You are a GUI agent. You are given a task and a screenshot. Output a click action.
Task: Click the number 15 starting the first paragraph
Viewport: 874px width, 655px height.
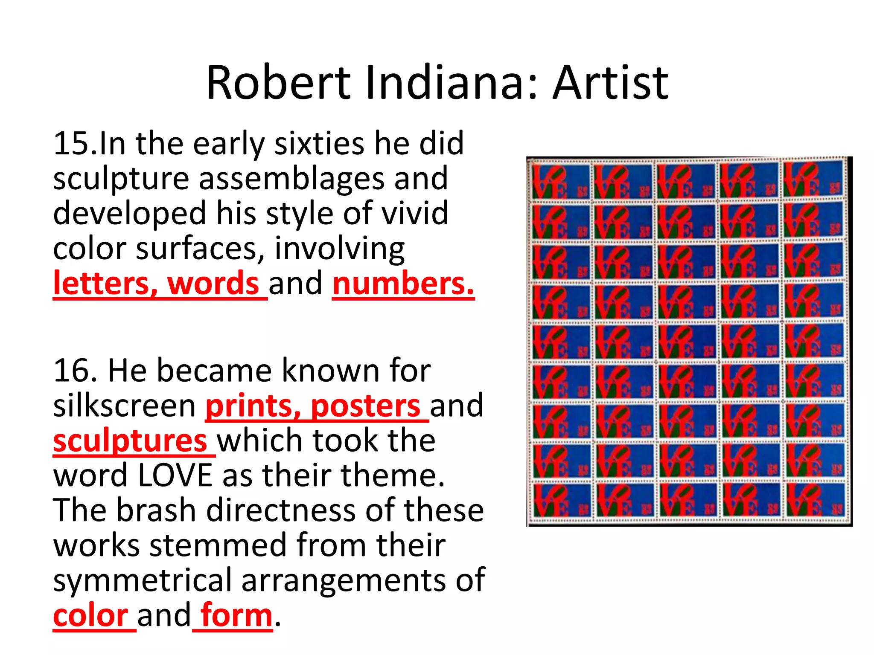[x=70, y=144]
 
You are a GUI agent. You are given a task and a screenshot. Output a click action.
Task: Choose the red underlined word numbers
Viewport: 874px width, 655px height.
[x=403, y=284]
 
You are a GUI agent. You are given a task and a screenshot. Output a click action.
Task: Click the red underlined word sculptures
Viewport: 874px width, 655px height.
[x=130, y=441]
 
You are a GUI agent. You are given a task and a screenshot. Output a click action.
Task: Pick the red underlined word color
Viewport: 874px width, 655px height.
[x=90, y=616]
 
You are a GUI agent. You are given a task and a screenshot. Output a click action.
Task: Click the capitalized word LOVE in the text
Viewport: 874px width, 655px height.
[x=175, y=476]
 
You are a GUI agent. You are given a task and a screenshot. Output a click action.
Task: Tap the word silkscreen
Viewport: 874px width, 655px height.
[x=124, y=406]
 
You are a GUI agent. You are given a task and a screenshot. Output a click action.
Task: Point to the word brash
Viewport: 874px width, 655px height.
[x=156, y=511]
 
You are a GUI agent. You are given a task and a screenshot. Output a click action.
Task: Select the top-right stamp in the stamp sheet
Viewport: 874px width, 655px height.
[x=813, y=179]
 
